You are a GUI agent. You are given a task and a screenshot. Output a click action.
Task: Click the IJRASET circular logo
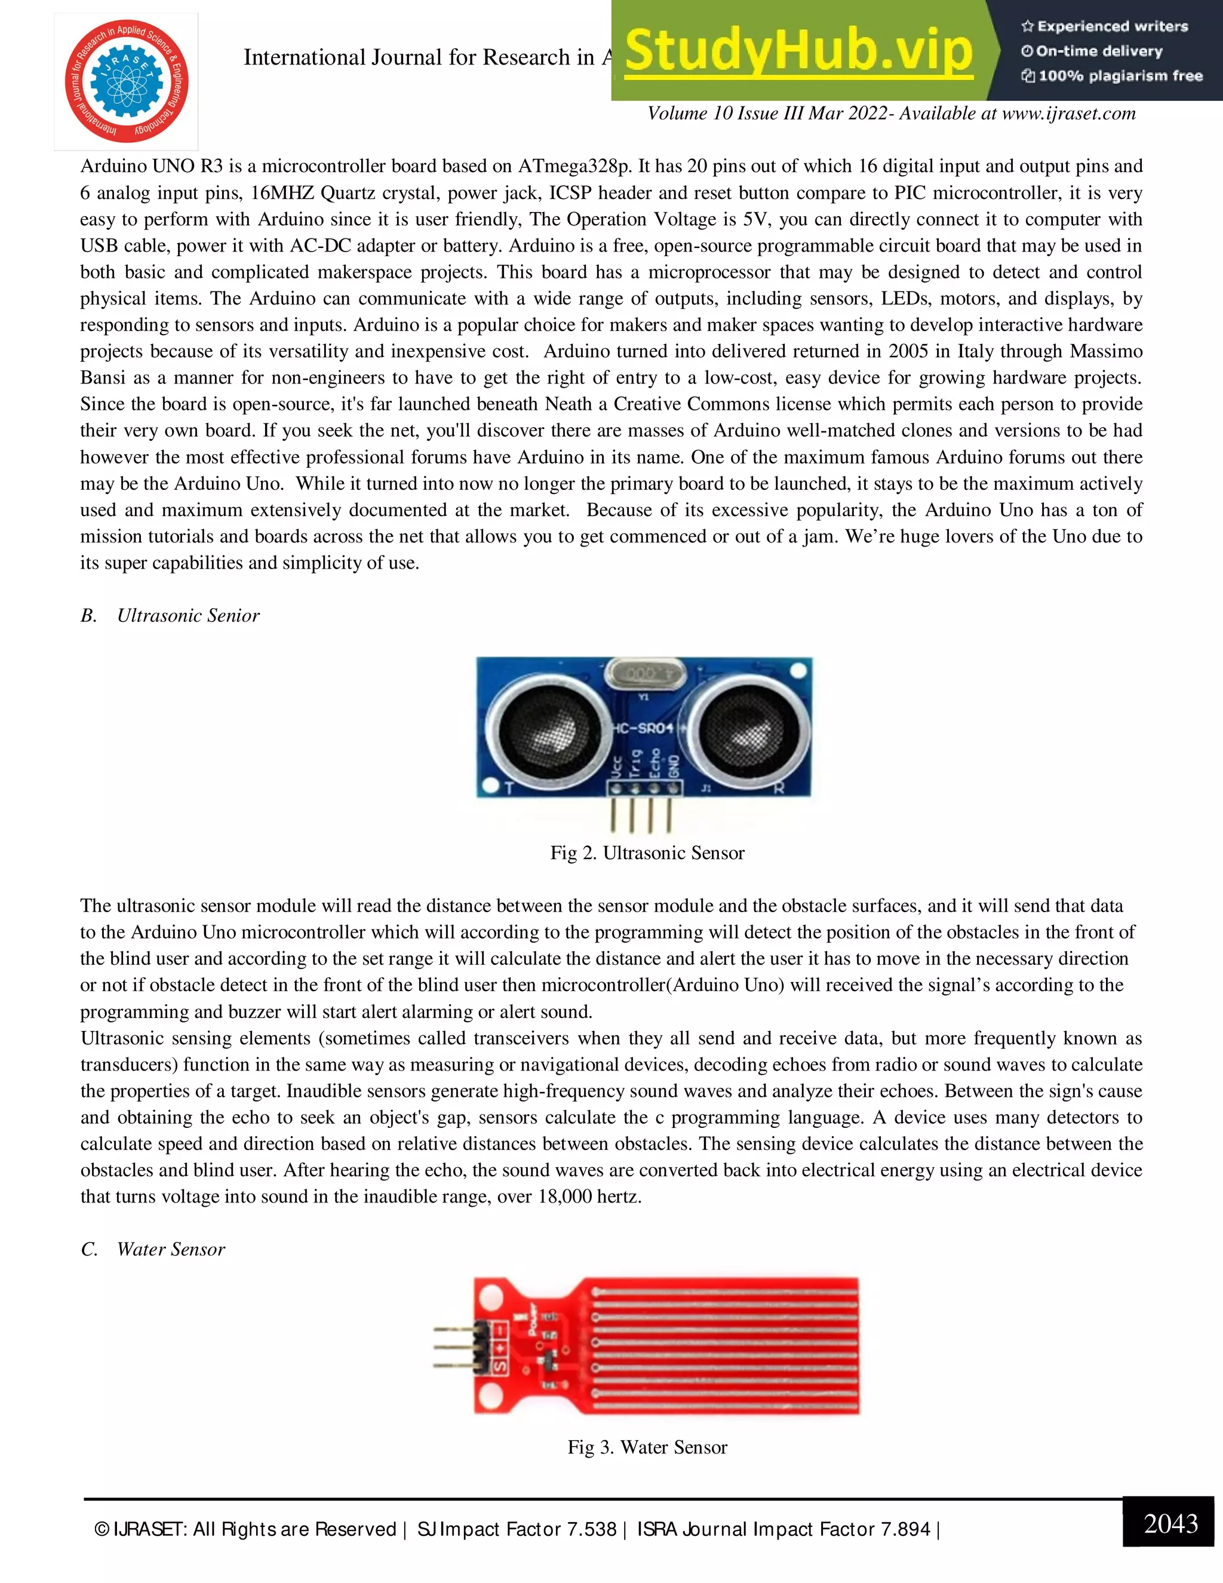point(126,81)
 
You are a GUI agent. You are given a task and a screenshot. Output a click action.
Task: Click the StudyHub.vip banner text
point(798,51)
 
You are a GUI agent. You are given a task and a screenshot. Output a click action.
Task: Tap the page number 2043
point(1170,1524)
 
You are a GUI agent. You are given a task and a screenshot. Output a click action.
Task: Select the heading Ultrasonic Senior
point(188,615)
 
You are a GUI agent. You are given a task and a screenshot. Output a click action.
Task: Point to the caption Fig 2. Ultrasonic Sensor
point(647,852)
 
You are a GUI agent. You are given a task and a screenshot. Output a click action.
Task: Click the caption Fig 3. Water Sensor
point(647,1447)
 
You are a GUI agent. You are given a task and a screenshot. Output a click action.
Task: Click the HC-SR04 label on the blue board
point(643,727)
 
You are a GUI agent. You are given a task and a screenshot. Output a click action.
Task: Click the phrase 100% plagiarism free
point(1120,76)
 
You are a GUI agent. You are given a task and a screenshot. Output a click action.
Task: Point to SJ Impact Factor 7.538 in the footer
point(517,1529)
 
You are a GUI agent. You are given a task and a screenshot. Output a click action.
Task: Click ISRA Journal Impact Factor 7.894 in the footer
point(783,1529)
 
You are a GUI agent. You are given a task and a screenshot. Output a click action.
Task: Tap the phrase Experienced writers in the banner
point(1111,27)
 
